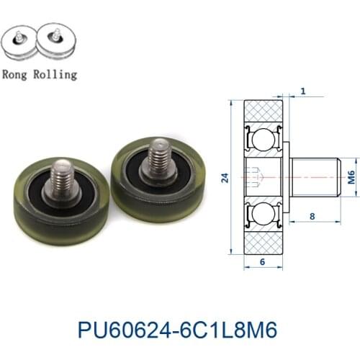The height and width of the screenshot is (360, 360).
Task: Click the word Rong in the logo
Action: click(17, 73)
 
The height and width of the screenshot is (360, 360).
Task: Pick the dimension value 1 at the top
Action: click(303, 91)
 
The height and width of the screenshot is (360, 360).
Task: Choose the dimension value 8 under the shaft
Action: click(312, 215)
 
